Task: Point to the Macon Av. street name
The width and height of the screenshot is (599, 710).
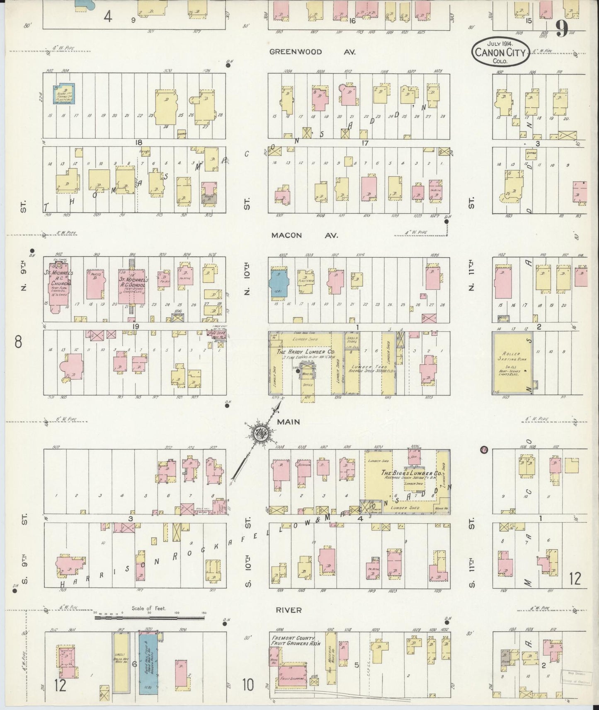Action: (305, 235)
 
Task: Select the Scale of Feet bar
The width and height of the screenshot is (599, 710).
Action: (149, 618)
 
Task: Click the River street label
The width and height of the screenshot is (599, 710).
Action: (290, 610)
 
